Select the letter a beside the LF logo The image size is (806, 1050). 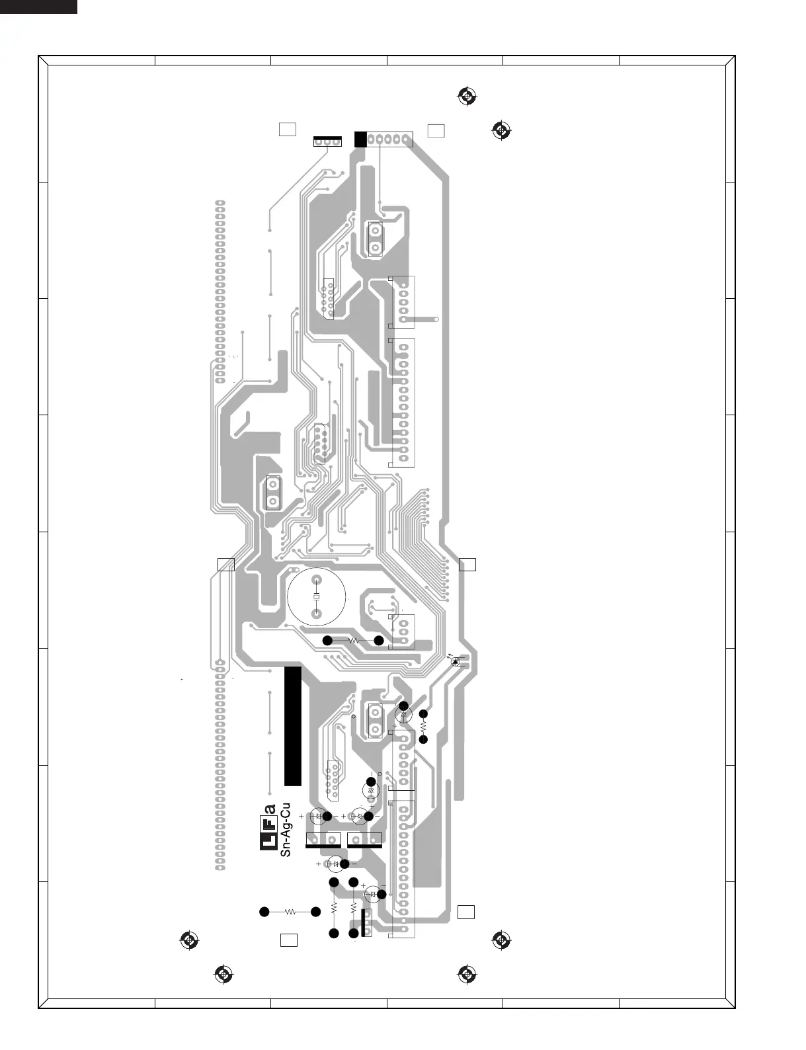[x=270, y=809]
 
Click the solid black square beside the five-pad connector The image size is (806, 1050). [x=360, y=139]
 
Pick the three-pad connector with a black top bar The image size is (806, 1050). [x=327, y=141]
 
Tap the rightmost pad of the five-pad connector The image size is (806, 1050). [x=406, y=140]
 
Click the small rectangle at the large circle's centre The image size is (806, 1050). [x=316, y=597]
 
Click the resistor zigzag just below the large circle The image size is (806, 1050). [x=353, y=640]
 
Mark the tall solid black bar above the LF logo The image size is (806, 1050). [x=293, y=725]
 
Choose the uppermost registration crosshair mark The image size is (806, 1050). [x=467, y=97]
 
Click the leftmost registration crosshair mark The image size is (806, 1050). [x=188, y=940]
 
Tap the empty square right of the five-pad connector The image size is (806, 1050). [x=436, y=130]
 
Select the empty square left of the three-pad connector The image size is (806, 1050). [x=287, y=129]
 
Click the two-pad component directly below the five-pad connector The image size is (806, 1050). [x=375, y=239]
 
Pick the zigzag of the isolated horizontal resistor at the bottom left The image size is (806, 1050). [x=290, y=912]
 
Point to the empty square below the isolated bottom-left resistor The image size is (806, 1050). [x=288, y=940]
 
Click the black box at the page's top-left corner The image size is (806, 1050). [x=38, y=7]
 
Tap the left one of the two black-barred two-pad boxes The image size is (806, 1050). [x=323, y=840]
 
